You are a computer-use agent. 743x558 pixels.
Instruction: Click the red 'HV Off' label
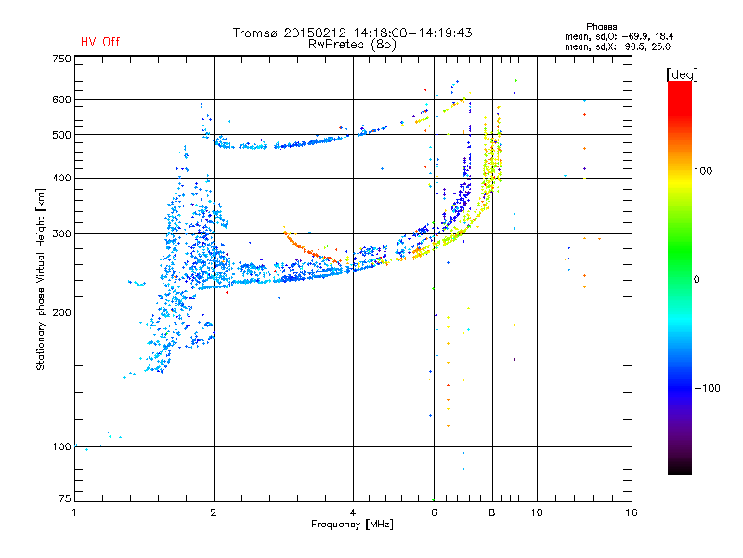pyautogui.click(x=100, y=42)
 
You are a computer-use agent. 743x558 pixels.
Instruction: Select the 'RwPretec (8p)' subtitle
pyautogui.click(x=352, y=45)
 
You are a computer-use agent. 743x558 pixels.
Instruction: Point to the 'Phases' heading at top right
pyautogui.click(x=601, y=27)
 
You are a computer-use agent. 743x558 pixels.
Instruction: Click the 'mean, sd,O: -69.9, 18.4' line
pyautogui.click(x=619, y=36)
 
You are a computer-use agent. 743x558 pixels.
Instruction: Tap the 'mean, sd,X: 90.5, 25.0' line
pyautogui.click(x=618, y=46)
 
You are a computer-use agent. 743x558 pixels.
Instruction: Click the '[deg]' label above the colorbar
pyautogui.click(x=682, y=74)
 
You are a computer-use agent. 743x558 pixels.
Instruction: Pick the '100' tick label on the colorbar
pyautogui.click(x=703, y=171)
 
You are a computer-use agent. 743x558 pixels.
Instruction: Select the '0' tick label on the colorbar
pyautogui.click(x=697, y=279)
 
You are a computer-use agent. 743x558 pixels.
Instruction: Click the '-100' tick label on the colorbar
pyautogui.click(x=707, y=388)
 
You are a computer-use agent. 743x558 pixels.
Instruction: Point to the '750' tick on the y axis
pyautogui.click(x=61, y=59)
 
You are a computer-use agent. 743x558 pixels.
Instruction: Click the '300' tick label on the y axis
pyautogui.click(x=61, y=233)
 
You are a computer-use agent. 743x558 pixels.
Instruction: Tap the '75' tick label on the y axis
pyautogui.click(x=64, y=498)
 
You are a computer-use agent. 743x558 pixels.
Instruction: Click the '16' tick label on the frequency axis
pyautogui.click(x=632, y=512)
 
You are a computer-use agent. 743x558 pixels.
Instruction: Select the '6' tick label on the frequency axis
pyautogui.click(x=434, y=512)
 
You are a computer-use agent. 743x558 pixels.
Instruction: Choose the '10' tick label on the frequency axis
pyautogui.click(x=537, y=512)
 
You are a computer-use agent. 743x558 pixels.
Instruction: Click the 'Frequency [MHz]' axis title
pyautogui.click(x=352, y=525)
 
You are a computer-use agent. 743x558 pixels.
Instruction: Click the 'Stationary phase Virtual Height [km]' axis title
pyautogui.click(x=41, y=279)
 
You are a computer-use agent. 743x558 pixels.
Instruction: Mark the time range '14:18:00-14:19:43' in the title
pyautogui.click(x=412, y=33)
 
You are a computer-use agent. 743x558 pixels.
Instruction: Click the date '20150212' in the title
pyautogui.click(x=315, y=33)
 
